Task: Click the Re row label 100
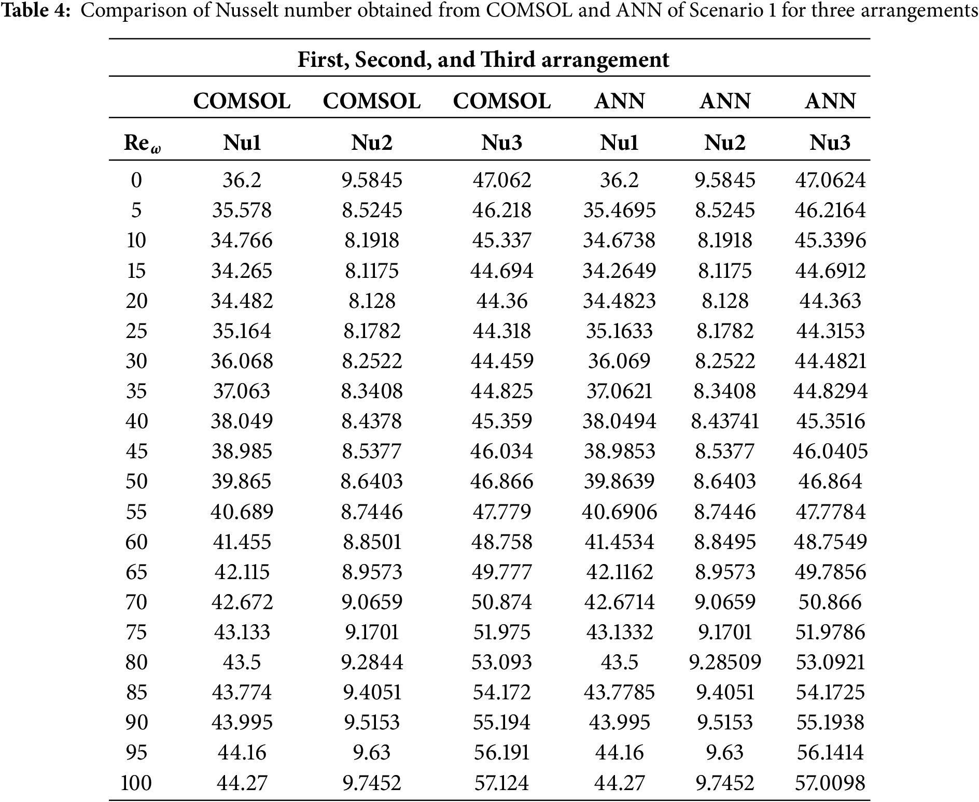click(136, 782)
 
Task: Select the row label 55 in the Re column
click(136, 512)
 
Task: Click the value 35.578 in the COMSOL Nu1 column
click(242, 210)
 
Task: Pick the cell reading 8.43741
click(725, 421)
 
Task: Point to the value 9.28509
click(725, 662)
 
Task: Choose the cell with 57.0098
click(830, 782)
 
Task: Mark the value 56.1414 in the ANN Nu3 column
click(830, 752)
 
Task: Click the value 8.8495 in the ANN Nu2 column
click(725, 542)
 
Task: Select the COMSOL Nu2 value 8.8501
click(372, 542)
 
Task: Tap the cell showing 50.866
click(830, 602)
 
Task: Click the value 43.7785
click(619, 692)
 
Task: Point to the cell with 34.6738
click(619, 240)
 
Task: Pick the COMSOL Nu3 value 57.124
click(501, 782)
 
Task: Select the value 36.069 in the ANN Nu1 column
click(619, 361)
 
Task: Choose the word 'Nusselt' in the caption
click(242, 10)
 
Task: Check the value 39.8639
click(619, 481)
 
